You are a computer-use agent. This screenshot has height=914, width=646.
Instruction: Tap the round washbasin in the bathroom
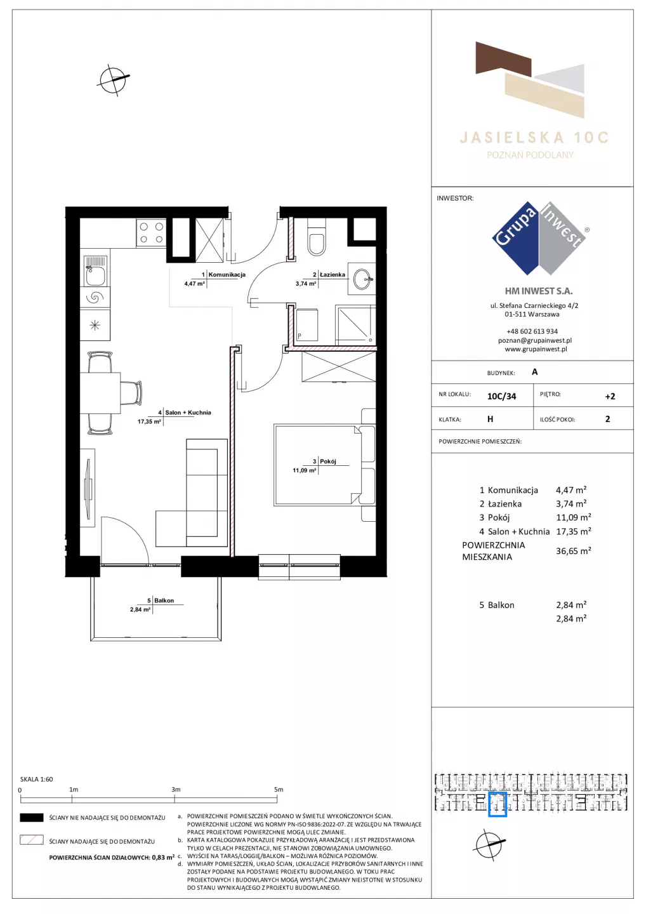point(362,279)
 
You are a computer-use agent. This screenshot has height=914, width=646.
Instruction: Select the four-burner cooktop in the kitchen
point(151,232)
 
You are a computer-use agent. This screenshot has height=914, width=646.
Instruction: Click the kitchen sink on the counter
point(95,270)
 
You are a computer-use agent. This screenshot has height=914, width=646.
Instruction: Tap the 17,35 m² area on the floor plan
point(149,421)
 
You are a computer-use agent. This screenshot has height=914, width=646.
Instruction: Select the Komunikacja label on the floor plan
point(227,275)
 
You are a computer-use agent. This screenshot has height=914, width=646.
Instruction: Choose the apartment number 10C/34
point(501,396)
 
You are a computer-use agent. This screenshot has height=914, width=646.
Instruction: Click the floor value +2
point(610,396)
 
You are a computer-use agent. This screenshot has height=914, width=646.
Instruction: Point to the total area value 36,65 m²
point(574,551)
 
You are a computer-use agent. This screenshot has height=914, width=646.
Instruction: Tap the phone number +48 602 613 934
point(532,331)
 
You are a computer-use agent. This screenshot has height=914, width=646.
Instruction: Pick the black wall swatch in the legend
point(31,818)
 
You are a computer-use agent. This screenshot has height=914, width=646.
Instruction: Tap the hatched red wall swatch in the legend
point(31,840)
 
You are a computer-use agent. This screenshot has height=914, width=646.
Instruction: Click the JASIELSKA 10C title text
point(534,138)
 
